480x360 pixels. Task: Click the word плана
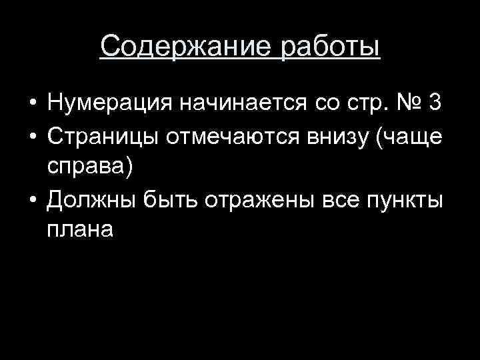81,230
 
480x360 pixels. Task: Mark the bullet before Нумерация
31,105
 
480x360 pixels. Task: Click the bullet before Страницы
31,137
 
